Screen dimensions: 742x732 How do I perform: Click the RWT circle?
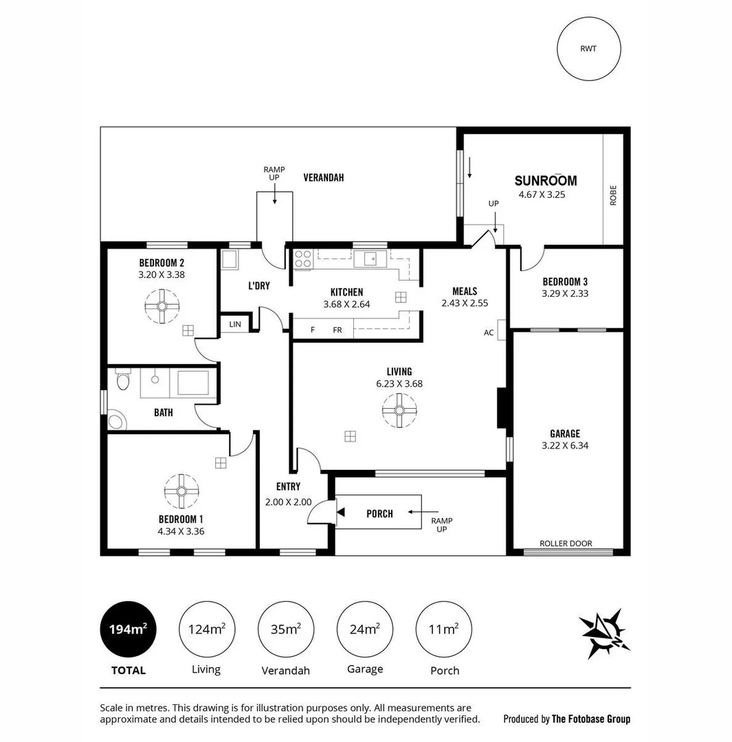tap(589, 49)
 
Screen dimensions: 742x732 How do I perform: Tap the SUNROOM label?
tap(546, 181)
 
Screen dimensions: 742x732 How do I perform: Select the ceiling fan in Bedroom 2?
tap(162, 306)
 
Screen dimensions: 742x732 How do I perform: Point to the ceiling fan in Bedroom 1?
tap(181, 491)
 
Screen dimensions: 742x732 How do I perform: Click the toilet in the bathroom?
tap(123, 380)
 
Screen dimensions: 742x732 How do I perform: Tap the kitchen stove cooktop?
tap(303, 258)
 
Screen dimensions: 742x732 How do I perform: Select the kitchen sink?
tap(370, 258)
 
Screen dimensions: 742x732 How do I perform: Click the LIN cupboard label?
tap(235, 324)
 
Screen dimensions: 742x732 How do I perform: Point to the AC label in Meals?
tap(489, 333)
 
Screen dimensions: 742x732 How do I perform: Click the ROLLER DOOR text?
tap(566, 543)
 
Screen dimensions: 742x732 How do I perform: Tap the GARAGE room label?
tap(565, 434)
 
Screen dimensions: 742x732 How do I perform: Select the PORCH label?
tap(379, 513)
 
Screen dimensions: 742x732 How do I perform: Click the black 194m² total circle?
tap(128, 629)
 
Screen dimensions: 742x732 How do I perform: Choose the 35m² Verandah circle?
tap(285, 629)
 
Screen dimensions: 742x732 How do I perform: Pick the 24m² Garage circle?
tap(364, 629)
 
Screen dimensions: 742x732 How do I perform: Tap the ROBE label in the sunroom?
tap(613, 195)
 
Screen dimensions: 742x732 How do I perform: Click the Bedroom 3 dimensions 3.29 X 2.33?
tap(565, 293)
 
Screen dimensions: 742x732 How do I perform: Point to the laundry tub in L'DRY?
tap(230, 260)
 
